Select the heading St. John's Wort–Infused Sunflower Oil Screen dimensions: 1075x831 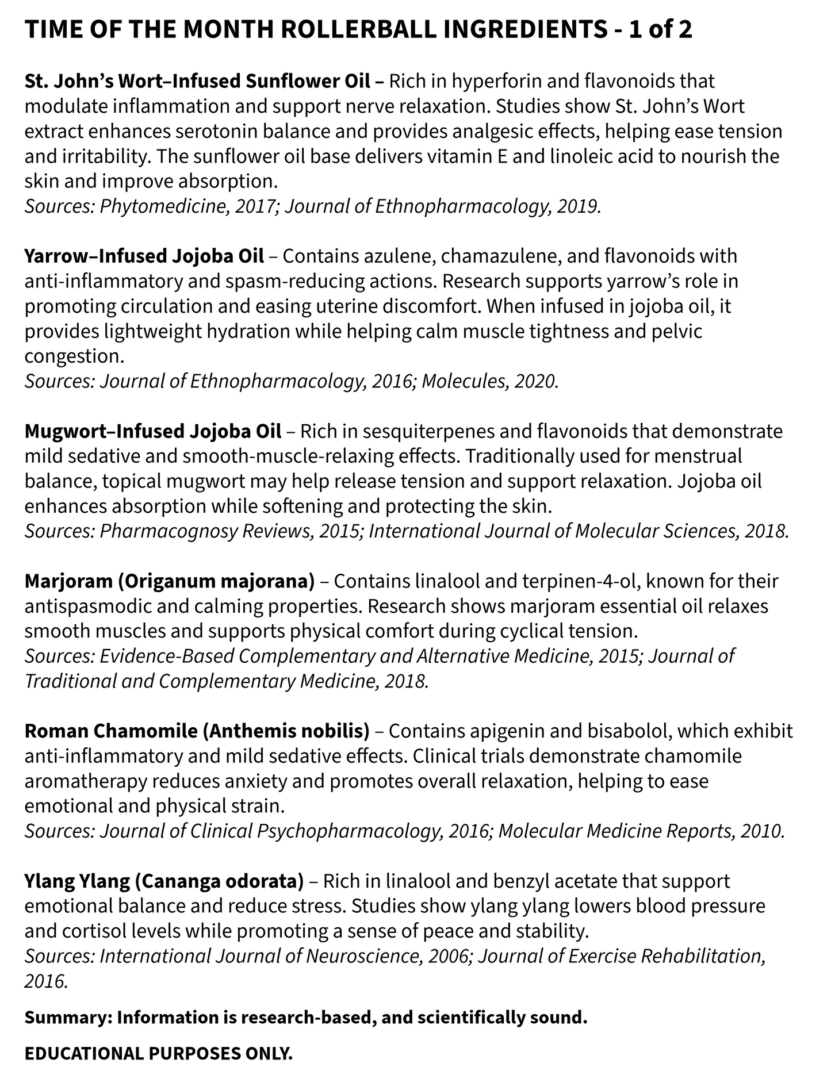coord(197,82)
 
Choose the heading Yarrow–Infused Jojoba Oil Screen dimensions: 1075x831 coord(144,256)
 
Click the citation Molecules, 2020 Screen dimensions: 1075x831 coord(490,381)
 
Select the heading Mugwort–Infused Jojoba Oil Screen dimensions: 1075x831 coord(153,431)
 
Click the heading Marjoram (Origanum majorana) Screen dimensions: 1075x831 coord(170,581)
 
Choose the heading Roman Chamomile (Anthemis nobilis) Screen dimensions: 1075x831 coord(197,731)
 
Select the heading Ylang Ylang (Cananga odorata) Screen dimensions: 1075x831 coord(164,881)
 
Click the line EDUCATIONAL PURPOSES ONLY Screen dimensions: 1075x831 coord(159,1054)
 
